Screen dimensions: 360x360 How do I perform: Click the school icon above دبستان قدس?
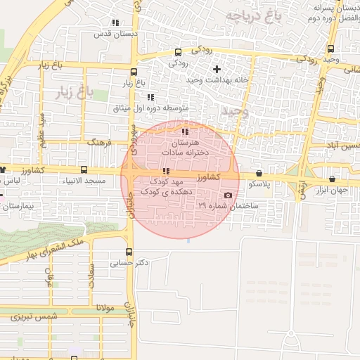115,22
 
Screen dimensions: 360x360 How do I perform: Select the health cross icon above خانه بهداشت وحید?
217,70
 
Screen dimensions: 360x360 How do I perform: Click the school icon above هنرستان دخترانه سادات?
185,131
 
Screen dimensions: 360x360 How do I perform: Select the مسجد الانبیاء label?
85,181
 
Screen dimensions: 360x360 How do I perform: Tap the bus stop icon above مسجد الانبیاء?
85,170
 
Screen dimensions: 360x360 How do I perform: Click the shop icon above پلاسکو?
259,173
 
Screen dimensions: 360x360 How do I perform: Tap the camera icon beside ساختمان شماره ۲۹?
227,195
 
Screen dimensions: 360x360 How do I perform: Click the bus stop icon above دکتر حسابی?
129,252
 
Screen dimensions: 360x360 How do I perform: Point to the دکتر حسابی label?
129,263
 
